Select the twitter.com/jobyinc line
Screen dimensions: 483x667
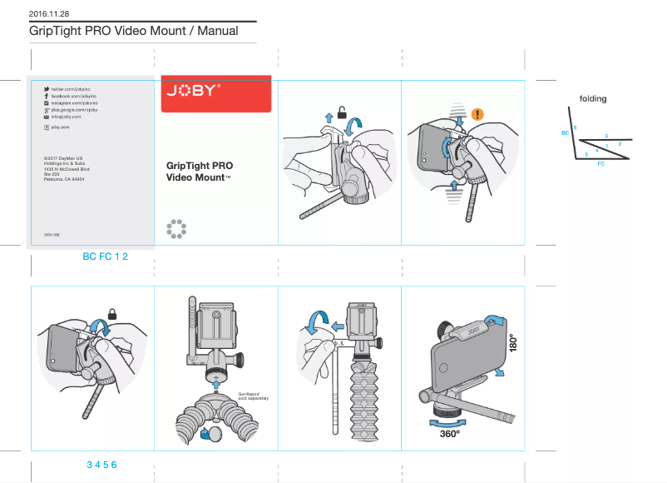71,88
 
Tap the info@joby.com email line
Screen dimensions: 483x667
66,117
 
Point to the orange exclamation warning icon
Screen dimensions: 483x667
477,114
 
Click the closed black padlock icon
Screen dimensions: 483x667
111,314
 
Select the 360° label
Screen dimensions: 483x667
450,434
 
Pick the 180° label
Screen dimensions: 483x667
513,344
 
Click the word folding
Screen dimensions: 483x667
593,98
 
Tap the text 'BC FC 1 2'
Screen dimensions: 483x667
105,256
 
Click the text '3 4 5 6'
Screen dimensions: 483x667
101,464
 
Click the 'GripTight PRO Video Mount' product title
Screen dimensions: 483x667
199,172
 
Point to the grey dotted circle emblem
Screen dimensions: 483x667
175,229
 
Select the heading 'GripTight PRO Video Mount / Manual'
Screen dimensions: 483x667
134,31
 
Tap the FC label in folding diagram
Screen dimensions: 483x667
600,164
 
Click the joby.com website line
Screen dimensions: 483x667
59,127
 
